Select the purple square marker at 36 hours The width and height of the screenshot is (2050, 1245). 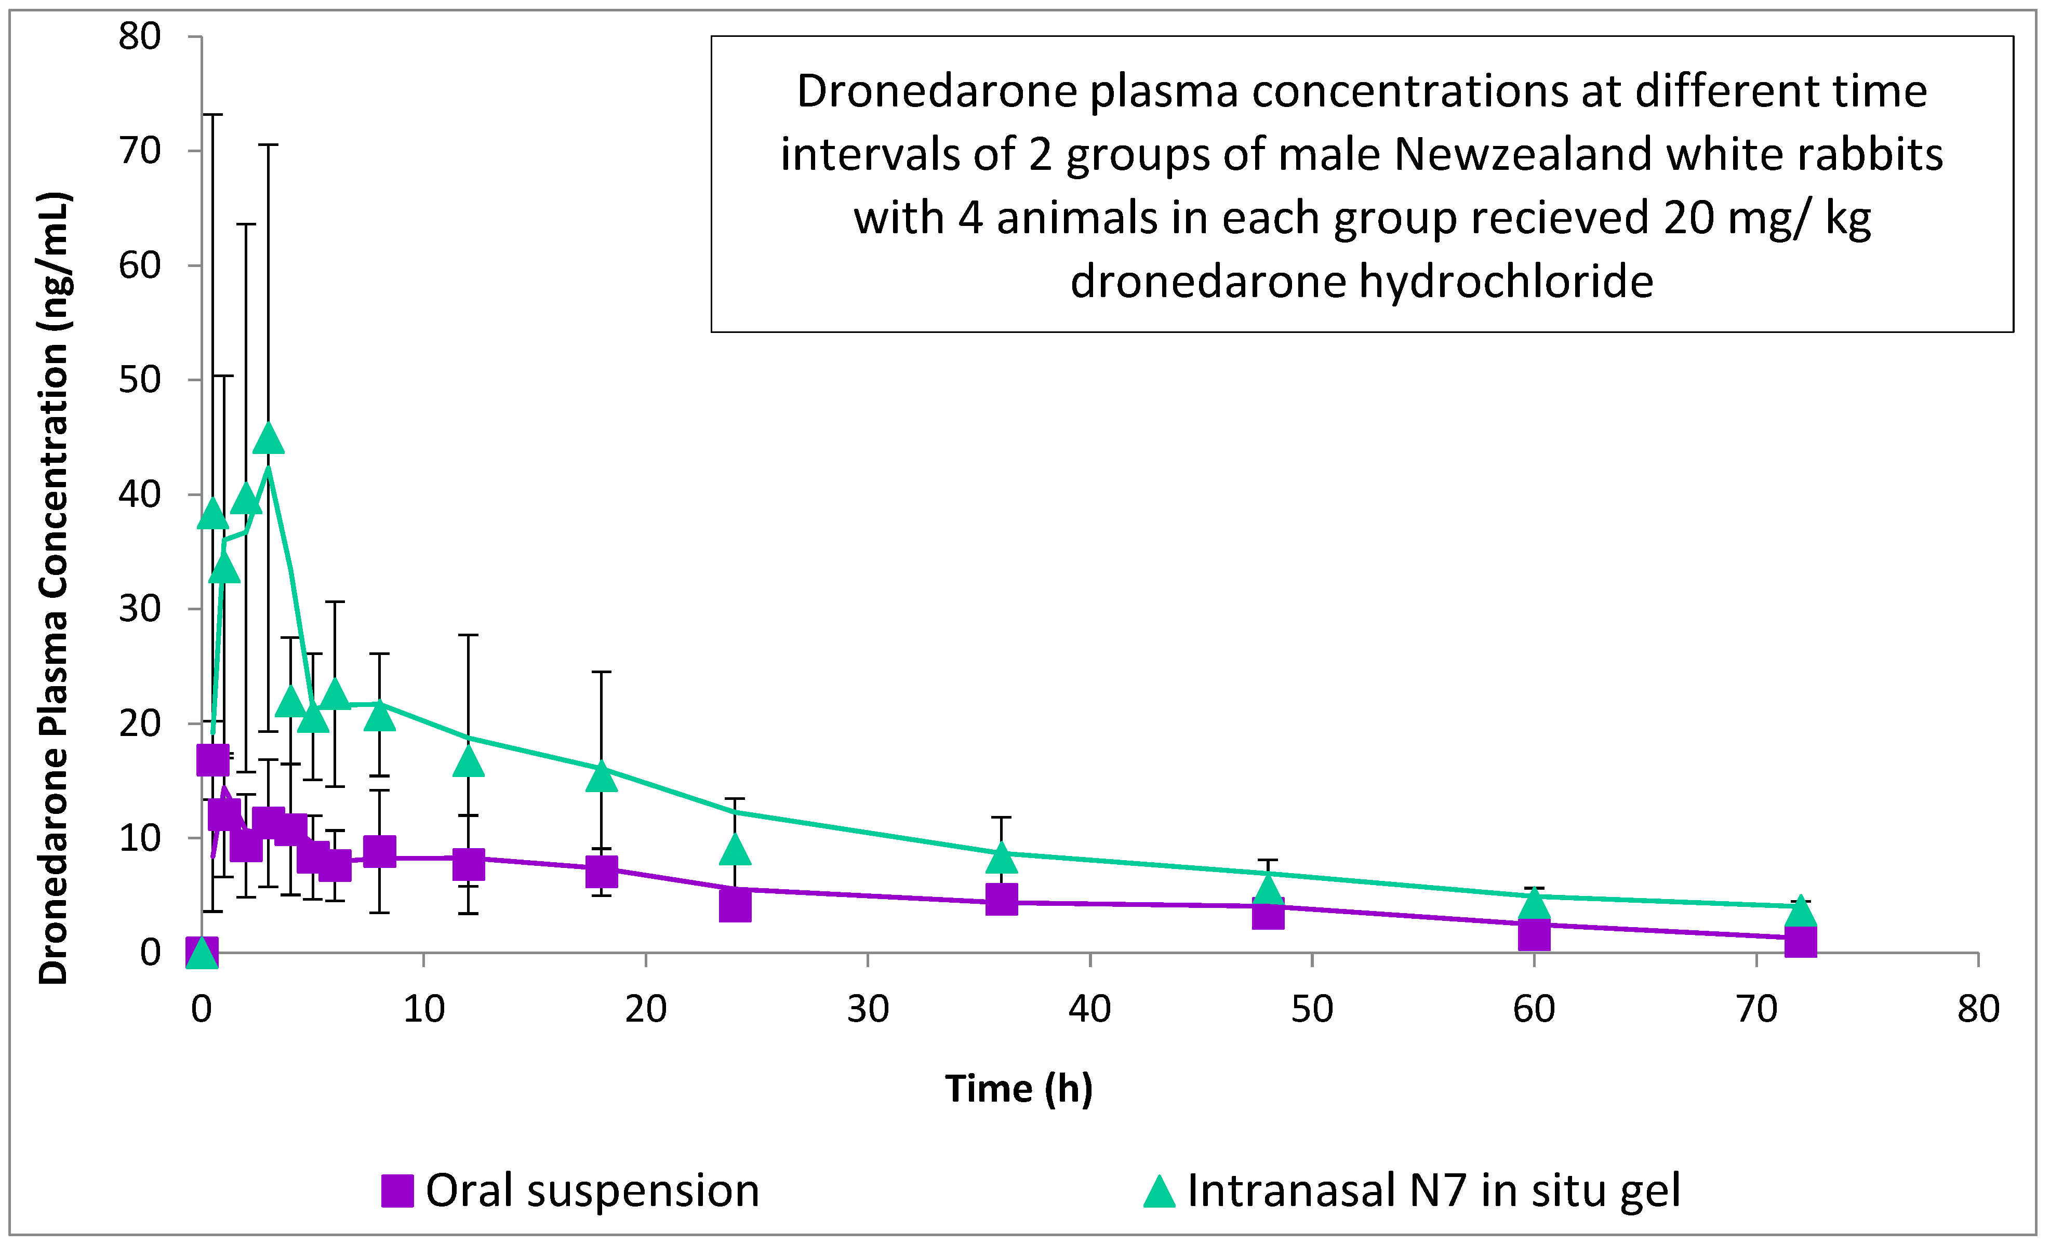pos(1002,899)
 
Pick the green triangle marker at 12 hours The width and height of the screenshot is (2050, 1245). pos(469,760)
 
